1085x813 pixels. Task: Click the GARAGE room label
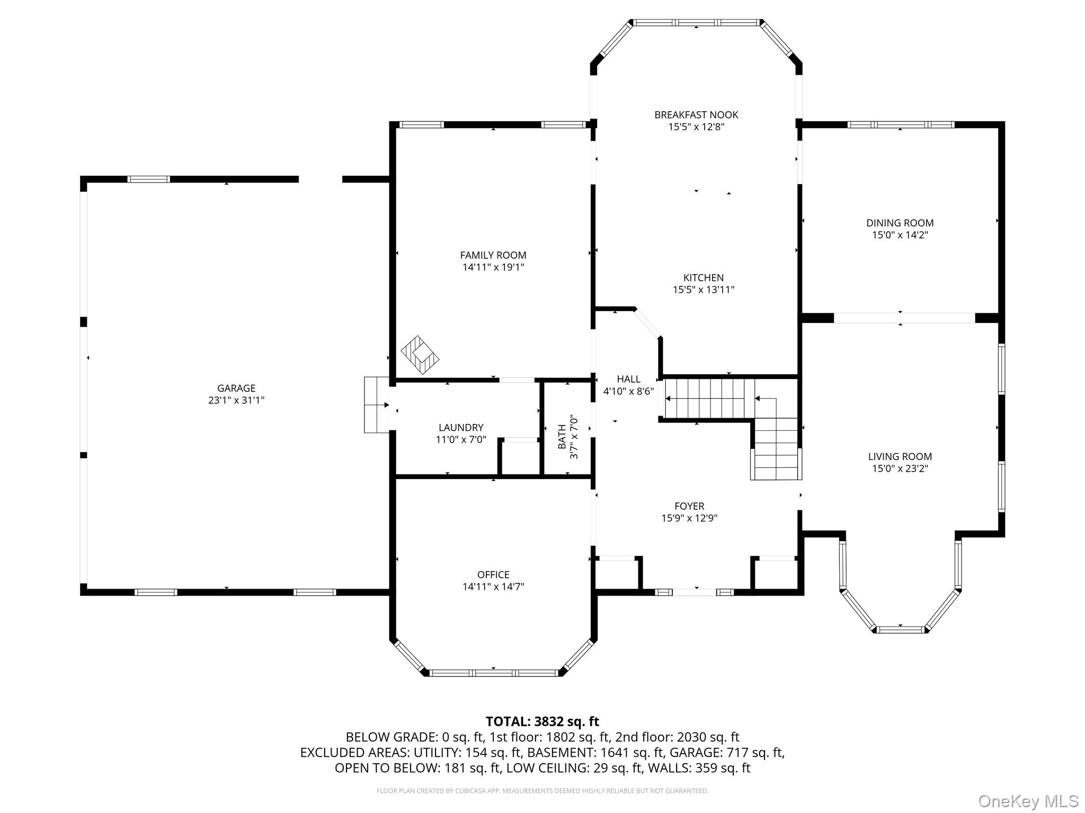click(236, 388)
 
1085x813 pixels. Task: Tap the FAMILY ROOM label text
click(493, 255)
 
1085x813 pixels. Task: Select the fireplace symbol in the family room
click(420, 355)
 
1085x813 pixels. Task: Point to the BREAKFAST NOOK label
click(696, 115)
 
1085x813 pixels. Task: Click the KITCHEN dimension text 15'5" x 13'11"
click(704, 290)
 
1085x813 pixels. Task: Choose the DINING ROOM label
click(900, 223)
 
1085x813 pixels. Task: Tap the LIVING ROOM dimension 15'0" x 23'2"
click(900, 468)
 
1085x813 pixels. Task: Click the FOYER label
click(689, 506)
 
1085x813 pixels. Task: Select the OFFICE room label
click(493, 574)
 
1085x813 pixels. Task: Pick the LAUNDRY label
click(461, 427)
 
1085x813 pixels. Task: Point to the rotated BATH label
click(562, 436)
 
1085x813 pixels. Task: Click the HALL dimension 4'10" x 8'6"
click(629, 391)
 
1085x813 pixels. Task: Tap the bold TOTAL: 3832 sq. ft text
click(542, 721)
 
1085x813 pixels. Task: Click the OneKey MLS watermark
click(1028, 801)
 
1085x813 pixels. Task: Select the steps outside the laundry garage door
click(377, 405)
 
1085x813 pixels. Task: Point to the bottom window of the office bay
click(494, 673)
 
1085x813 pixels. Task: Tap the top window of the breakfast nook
click(696, 23)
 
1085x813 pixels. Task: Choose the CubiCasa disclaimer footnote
click(542, 791)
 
